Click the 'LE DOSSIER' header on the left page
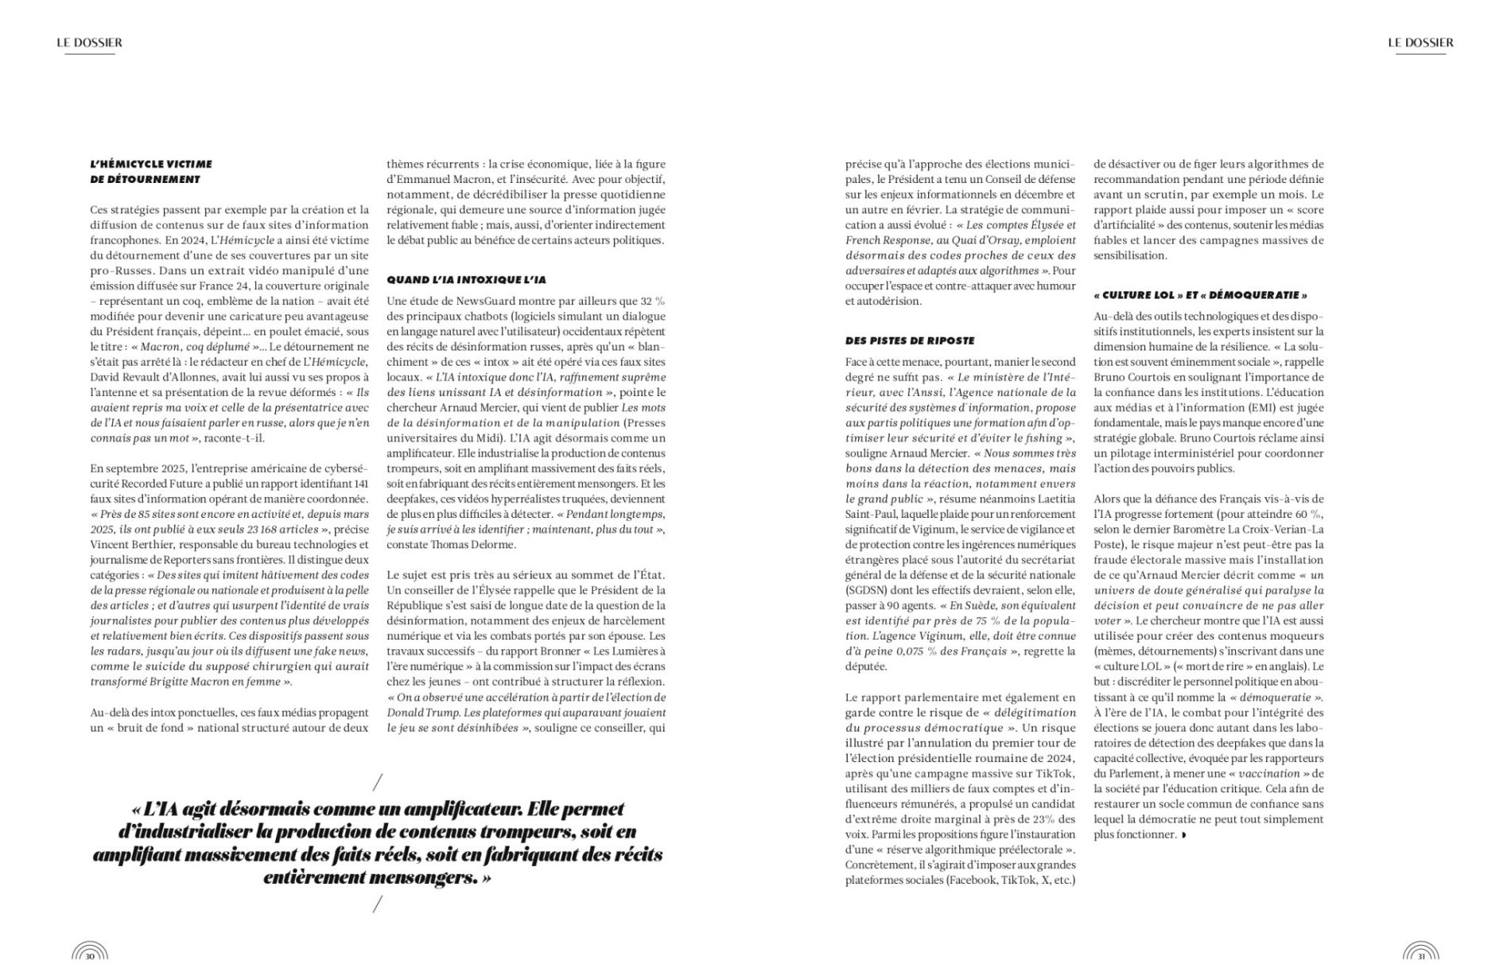(x=89, y=43)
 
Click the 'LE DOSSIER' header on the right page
(x=1420, y=43)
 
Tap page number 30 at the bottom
(x=90, y=956)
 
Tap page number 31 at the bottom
(x=1421, y=956)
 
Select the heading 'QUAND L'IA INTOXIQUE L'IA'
(x=466, y=280)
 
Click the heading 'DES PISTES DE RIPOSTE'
(x=909, y=340)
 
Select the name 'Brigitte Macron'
(x=211, y=682)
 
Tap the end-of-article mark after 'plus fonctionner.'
(x=1184, y=835)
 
